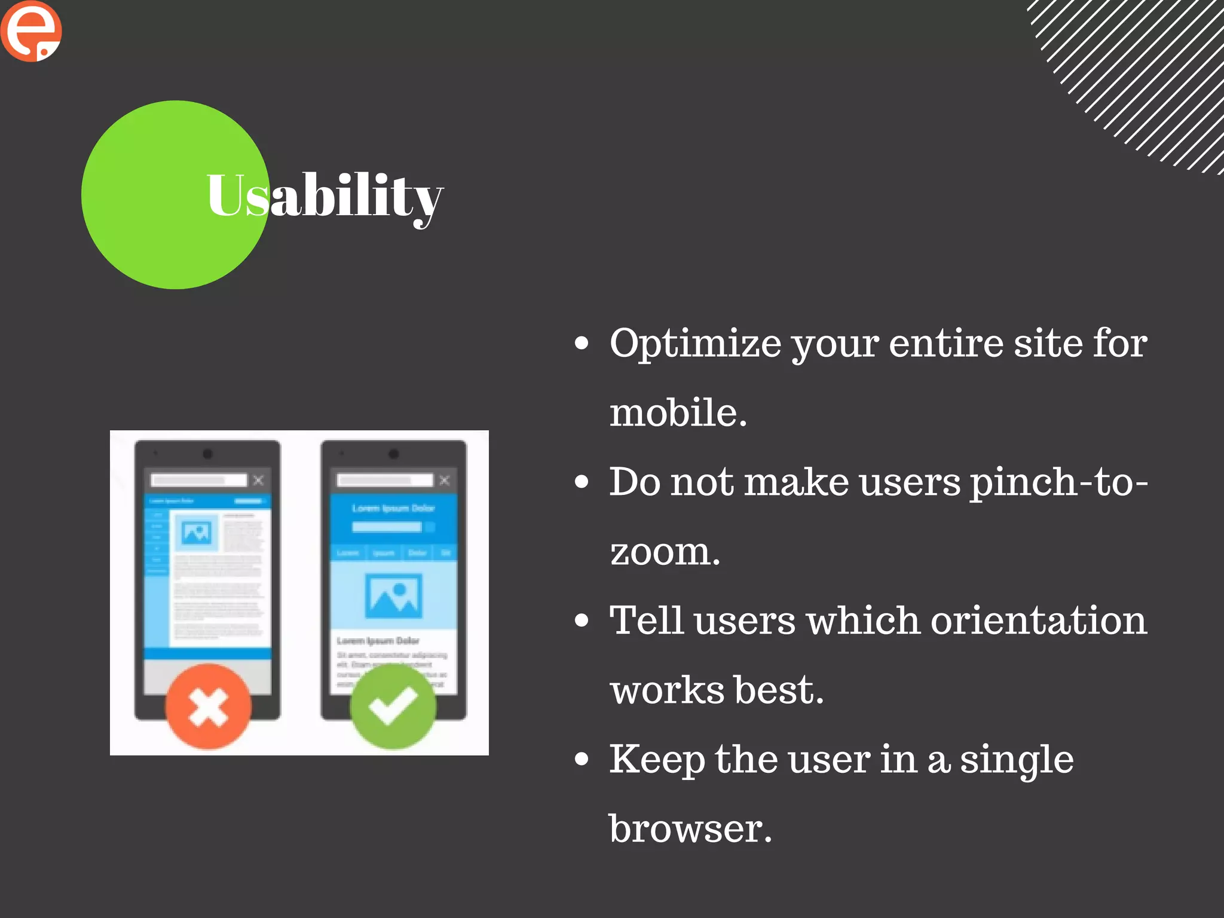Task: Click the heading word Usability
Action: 325,196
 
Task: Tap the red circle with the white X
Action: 208,706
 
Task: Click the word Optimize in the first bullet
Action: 695,344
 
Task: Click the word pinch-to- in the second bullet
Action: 1058,482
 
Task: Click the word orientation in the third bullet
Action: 1039,620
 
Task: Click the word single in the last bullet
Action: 1017,760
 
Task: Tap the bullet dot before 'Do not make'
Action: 581,482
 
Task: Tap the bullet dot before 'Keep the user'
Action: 581,759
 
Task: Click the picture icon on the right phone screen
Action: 393,596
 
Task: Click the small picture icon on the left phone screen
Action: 196,532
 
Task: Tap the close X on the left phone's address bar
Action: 258,480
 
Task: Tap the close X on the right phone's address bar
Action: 444,480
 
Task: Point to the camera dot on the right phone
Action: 393,454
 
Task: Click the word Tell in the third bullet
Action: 645,620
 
